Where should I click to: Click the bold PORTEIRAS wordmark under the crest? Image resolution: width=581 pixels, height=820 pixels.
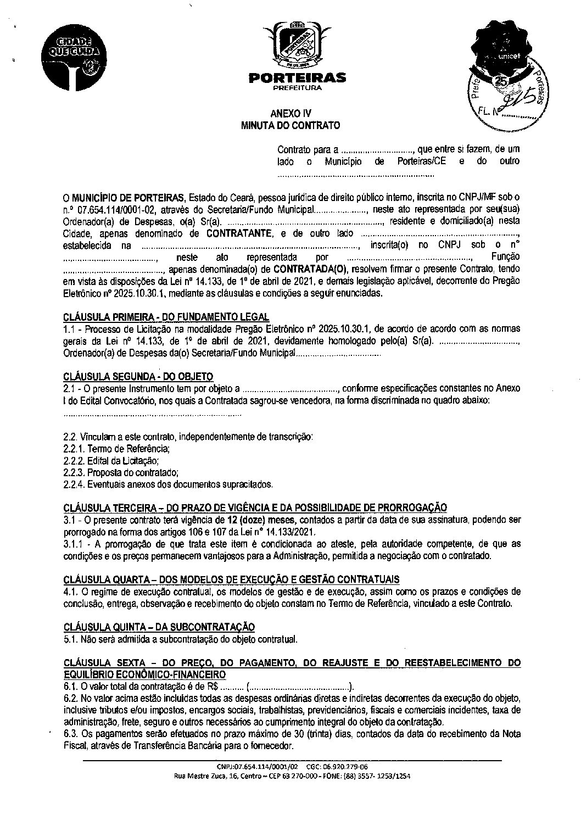click(x=297, y=78)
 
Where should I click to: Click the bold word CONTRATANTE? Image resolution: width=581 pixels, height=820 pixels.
click(x=239, y=233)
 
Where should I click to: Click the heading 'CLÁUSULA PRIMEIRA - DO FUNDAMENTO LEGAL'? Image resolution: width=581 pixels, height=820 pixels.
click(x=166, y=317)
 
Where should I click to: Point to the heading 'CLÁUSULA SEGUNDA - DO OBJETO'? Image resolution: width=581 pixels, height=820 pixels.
click(x=138, y=376)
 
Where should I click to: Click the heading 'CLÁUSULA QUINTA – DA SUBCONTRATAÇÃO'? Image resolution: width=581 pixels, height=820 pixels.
click(x=159, y=627)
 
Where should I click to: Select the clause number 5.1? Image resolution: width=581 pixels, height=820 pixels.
click(x=71, y=639)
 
